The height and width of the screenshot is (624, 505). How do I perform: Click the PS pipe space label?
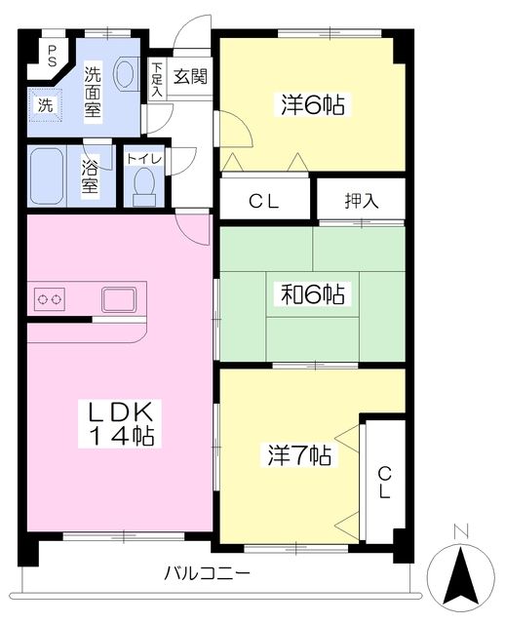tap(52, 56)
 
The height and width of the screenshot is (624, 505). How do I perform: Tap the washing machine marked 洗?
tap(45, 105)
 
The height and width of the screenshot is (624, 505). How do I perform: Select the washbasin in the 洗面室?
tap(126, 73)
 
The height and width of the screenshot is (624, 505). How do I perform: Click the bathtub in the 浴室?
tap(47, 175)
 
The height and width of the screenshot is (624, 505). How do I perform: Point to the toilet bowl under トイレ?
tap(144, 186)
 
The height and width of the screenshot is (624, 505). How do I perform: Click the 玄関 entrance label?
tap(191, 76)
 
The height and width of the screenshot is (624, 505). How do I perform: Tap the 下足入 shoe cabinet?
tap(157, 79)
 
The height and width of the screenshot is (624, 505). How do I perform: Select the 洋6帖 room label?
tap(312, 105)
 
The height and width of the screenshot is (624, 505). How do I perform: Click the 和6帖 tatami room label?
tap(312, 294)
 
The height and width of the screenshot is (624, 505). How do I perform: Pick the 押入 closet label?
tap(362, 200)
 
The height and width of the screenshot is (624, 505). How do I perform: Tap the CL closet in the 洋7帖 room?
tap(385, 482)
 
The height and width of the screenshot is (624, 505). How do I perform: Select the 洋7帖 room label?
tap(299, 455)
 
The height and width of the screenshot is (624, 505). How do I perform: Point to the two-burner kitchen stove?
tap(50, 299)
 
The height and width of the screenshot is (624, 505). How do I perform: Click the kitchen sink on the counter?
tap(118, 299)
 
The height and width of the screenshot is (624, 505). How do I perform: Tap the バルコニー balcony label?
tap(208, 573)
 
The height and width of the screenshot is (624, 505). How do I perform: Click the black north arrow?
tap(461, 575)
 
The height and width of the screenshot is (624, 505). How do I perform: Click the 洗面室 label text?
tap(93, 91)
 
